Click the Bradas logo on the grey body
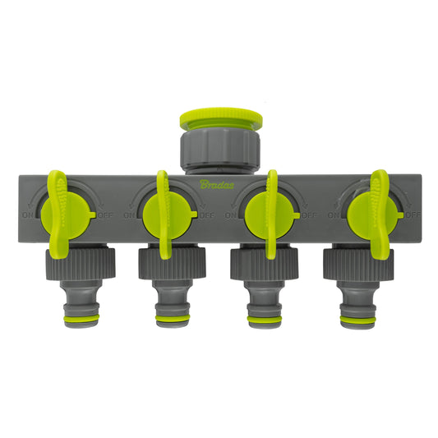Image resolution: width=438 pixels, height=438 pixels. click(218, 184)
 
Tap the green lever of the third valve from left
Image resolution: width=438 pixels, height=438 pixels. click(272, 212)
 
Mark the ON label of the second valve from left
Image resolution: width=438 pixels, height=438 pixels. click(130, 215)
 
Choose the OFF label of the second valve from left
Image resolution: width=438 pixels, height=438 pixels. click(206, 215)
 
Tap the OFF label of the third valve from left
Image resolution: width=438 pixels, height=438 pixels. click(308, 215)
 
